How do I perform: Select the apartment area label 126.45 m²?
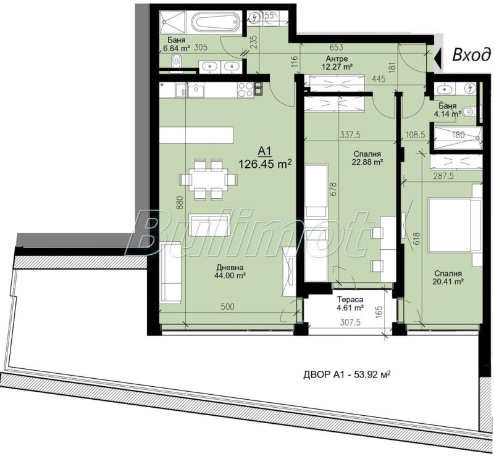click(265, 163)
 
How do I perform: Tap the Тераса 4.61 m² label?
click(349, 302)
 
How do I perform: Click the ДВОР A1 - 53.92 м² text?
click(349, 374)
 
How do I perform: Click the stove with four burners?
click(246, 90)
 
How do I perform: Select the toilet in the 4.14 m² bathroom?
click(470, 112)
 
